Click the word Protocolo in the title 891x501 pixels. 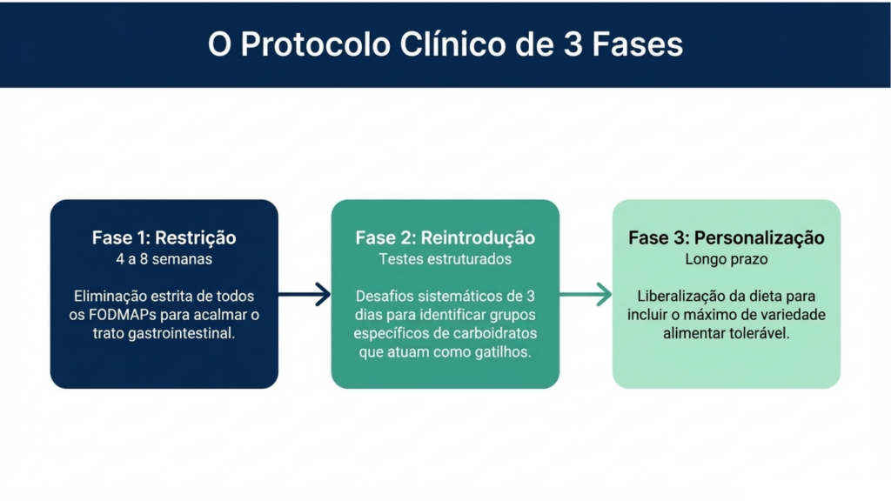pyautogui.click(x=296, y=44)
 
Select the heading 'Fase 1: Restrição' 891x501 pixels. pyautogui.click(x=164, y=238)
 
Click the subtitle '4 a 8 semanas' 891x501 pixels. pyautogui.click(x=164, y=258)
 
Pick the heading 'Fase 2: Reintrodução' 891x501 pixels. pyautogui.click(x=445, y=238)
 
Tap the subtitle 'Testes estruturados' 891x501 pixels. pyautogui.click(x=445, y=258)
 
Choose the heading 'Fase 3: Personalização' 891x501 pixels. pyautogui.click(x=727, y=238)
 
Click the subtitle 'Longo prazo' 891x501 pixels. pyautogui.click(x=727, y=258)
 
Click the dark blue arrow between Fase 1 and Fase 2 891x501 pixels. pyautogui.click(x=305, y=295)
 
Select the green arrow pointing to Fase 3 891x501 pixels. pyautogui.click(x=586, y=295)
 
